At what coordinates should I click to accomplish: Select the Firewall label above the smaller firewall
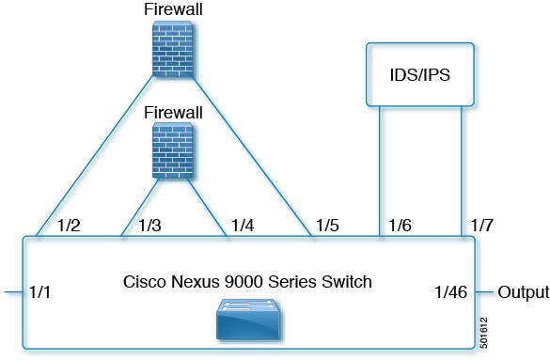click(x=172, y=111)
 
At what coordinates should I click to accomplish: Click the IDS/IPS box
click(x=419, y=73)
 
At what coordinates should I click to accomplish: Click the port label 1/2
click(x=70, y=226)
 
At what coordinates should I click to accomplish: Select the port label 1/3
click(x=150, y=226)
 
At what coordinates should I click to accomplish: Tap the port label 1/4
click(x=243, y=226)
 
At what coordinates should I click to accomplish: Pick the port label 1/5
click(x=328, y=226)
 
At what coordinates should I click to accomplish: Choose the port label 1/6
click(x=401, y=226)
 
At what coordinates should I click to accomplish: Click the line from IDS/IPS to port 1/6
click(x=380, y=169)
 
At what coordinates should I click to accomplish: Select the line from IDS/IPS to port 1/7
click(x=461, y=169)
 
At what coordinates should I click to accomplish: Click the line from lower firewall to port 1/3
click(x=138, y=207)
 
